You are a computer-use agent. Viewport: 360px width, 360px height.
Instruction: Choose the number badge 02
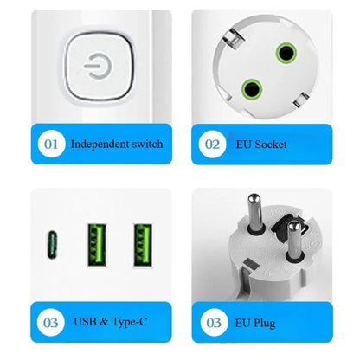tap(213, 144)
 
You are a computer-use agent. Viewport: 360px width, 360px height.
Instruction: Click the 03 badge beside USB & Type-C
tap(52, 323)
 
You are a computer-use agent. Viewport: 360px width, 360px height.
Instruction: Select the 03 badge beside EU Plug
tap(213, 323)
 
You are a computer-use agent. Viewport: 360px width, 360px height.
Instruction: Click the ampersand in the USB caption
tap(105, 323)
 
